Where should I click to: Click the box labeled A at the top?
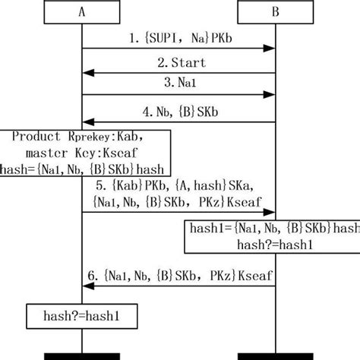pos(81,12)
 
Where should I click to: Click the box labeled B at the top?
pos(275,12)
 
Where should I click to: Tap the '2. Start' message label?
pos(178,62)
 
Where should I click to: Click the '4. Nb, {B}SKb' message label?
pos(178,109)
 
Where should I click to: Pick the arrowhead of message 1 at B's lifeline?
pos(270,49)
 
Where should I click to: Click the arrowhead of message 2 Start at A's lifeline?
pos(87,73)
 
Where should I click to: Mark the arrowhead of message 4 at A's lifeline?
pos(87,121)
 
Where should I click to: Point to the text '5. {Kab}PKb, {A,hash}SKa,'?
pos(178,185)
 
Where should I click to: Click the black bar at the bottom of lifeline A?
pos(81,355)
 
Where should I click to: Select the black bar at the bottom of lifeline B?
pos(275,355)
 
